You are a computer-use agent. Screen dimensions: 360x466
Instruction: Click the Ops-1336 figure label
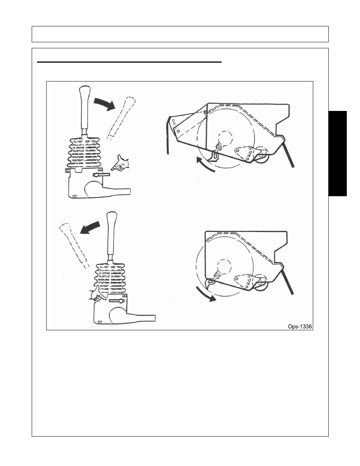(300, 327)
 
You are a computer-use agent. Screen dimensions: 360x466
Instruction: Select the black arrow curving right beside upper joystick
(105, 104)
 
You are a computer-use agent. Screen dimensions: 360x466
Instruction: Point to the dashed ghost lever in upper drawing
(122, 118)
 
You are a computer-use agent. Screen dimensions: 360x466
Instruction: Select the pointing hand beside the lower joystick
(97, 294)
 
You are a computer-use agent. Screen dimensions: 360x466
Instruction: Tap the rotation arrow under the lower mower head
(205, 294)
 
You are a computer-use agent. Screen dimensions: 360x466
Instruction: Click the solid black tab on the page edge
(337, 154)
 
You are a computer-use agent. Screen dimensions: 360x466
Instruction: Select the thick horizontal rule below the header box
(129, 62)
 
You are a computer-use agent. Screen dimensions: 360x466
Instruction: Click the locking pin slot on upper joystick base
(101, 175)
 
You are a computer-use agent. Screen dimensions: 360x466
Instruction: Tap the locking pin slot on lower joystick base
(117, 301)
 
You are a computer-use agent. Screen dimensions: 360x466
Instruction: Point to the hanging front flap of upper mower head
(168, 135)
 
